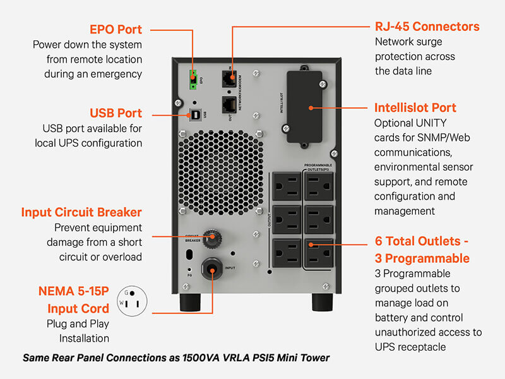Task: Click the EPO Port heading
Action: pos(116,30)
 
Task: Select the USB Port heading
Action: pos(116,113)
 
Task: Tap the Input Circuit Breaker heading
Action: pos(81,212)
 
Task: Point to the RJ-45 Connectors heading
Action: pos(427,27)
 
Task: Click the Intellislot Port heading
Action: pos(415,107)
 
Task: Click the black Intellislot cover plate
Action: pos(306,107)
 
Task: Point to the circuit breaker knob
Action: pos(211,238)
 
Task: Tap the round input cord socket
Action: pos(211,270)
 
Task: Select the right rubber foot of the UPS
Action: pos(323,302)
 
